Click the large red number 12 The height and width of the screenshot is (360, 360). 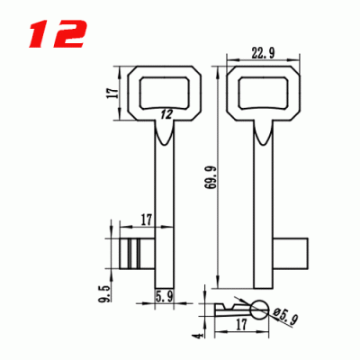tap(57, 34)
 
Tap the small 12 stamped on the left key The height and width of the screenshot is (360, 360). tap(166, 113)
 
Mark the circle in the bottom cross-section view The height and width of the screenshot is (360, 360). tap(259, 310)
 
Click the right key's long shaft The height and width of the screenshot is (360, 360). tap(265, 198)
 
